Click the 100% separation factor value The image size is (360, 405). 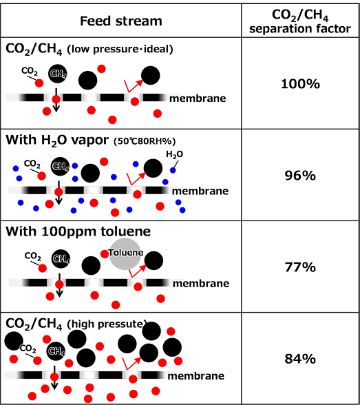300,84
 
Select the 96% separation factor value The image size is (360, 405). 300,176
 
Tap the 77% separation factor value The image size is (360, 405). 300,267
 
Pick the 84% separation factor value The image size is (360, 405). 300,359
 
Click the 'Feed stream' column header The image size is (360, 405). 121,21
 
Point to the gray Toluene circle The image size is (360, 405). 125,254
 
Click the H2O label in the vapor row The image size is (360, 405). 174,154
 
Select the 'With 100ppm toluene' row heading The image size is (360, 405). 78,231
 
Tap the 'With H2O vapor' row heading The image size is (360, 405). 57,141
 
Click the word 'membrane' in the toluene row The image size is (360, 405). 201,284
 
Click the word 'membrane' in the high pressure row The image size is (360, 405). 196,376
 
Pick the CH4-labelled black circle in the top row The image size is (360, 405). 58,74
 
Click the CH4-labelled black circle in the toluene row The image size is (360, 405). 61,259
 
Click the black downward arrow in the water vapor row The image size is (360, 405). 59,193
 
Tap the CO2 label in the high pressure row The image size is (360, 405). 28,349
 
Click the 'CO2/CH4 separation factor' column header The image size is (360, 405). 300,21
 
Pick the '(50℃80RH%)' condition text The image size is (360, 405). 145,141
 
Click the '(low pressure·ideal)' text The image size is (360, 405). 120,49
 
